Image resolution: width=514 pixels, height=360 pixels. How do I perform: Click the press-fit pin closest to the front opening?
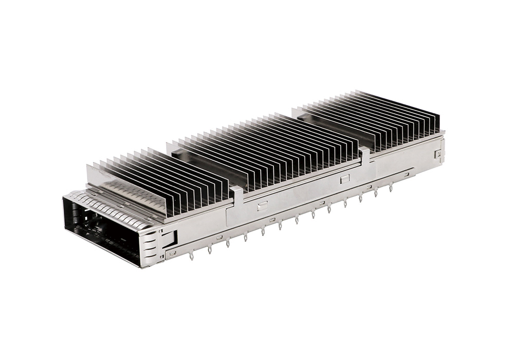[x=191, y=255]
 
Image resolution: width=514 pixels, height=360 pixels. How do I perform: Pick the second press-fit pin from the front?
[x=210, y=249]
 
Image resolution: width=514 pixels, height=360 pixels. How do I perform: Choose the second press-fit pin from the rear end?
[x=376, y=192]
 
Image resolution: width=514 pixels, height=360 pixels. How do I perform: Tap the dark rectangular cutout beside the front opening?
[x=170, y=238]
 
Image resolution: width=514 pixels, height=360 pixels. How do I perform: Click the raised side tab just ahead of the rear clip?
[x=344, y=178]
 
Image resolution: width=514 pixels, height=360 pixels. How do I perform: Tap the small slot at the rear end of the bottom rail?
[x=406, y=175]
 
